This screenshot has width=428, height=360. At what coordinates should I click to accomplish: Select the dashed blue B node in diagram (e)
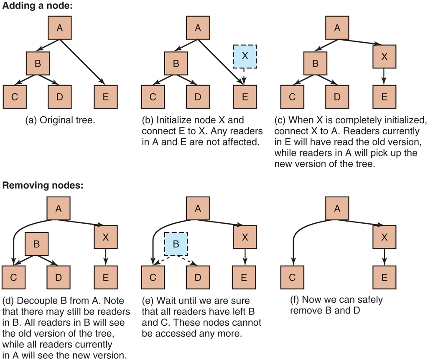[x=176, y=244]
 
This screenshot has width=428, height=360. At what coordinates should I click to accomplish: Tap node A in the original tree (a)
[x=59, y=28]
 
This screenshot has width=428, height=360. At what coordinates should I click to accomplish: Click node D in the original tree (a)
[x=59, y=97]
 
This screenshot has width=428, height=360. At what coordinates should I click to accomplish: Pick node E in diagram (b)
[x=245, y=97]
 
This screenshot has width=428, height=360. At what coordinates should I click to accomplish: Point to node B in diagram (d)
[x=37, y=244]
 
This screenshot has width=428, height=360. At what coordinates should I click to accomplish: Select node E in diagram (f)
[x=384, y=278]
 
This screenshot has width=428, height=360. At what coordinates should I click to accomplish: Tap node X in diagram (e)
[x=245, y=237]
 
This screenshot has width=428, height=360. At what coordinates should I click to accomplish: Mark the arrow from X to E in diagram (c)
[x=384, y=77]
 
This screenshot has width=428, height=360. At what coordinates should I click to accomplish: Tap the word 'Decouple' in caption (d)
[x=31, y=301]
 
